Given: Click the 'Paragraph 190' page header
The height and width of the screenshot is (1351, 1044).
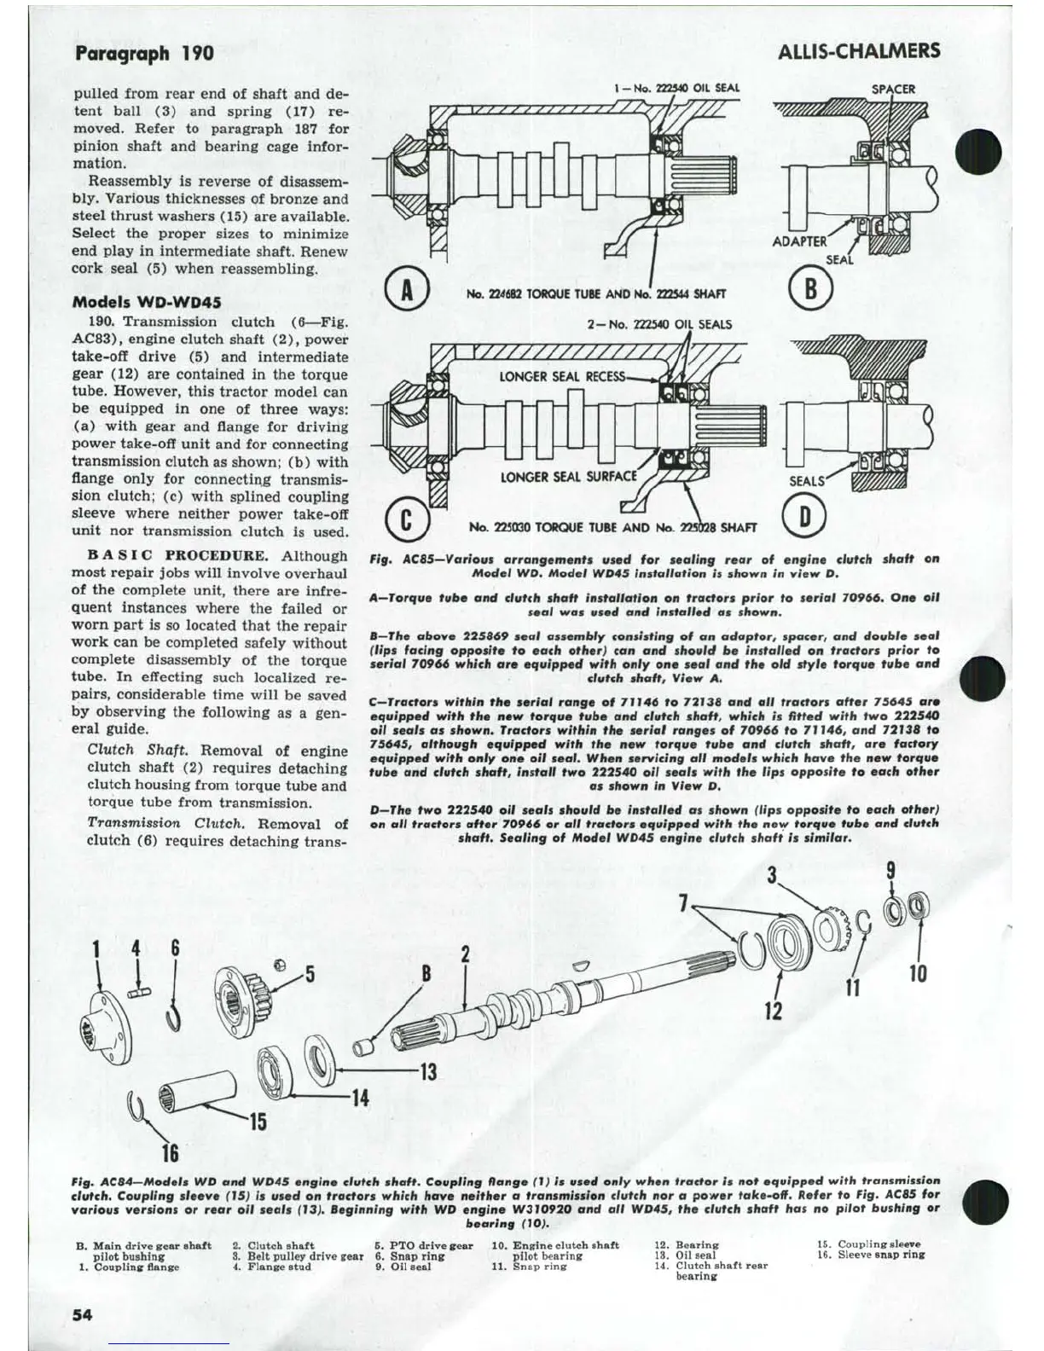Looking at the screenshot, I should (144, 54).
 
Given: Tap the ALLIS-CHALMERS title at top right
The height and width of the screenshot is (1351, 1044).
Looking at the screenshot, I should (859, 51).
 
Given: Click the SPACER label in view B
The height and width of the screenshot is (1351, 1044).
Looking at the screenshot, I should (893, 89).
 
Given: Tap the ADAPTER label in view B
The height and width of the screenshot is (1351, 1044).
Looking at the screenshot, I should (799, 241).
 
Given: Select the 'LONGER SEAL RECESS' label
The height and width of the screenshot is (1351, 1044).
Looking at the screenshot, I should (562, 376).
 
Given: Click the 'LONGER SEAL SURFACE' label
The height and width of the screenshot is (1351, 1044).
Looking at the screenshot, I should (568, 476).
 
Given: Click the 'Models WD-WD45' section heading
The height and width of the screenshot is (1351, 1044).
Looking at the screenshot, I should (147, 302).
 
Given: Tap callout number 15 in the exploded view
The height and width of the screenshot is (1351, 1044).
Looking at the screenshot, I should (257, 1122).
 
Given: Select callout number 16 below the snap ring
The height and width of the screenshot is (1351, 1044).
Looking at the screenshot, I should (170, 1153).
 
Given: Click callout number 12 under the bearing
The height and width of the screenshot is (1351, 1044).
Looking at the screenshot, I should (773, 1011).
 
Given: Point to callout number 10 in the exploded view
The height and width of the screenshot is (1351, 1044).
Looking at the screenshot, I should (918, 972).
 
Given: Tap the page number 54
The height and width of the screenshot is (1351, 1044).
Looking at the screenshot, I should (82, 1314).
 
